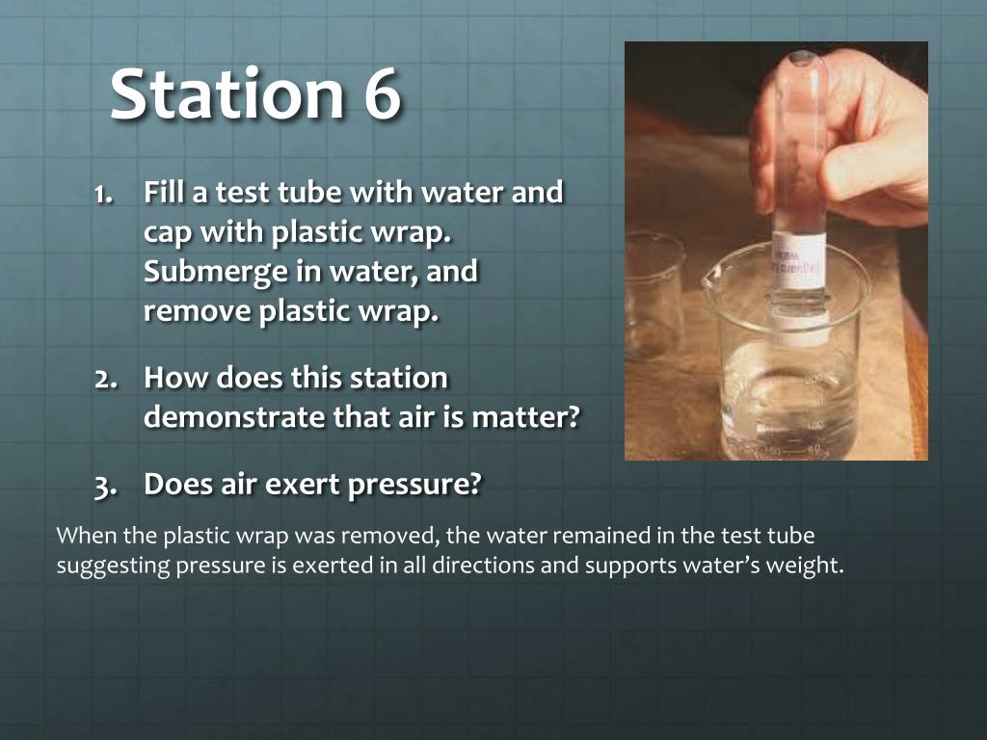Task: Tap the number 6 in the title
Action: pos(382,93)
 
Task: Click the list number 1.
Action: pos(104,194)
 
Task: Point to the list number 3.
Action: pos(105,487)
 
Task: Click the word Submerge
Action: pos(215,272)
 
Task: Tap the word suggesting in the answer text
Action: pos(114,566)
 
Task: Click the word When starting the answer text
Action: pos(86,536)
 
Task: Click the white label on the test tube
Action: pos(798,260)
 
